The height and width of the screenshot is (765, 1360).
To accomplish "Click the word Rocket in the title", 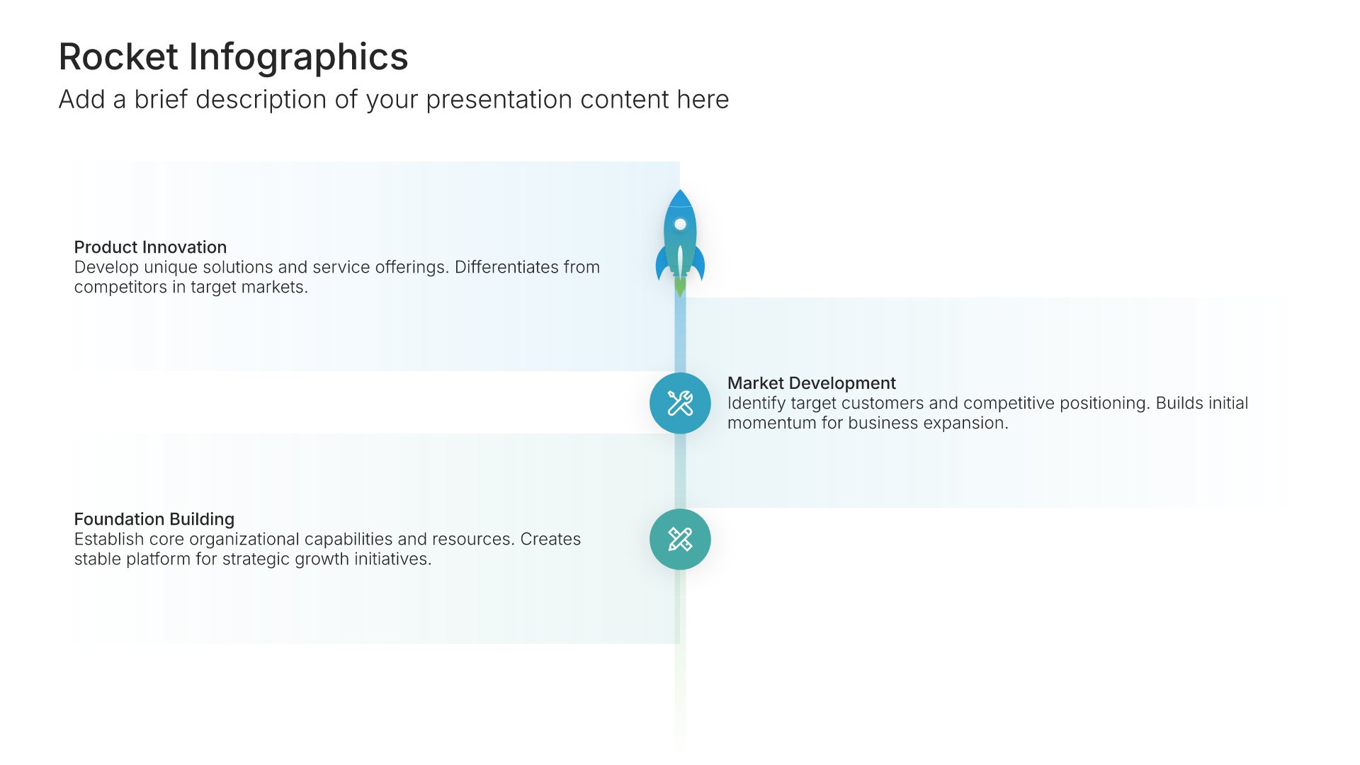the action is [x=118, y=57].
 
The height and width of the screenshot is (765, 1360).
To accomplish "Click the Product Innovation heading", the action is [x=150, y=247].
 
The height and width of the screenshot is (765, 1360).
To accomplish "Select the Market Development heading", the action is [x=812, y=383].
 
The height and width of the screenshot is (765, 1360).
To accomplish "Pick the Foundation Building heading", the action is [x=154, y=519].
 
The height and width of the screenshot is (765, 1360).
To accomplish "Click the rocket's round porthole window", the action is [x=680, y=225].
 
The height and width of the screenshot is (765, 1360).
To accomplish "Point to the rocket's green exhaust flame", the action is [x=680, y=286].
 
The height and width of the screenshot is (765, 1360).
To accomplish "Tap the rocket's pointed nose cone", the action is [x=680, y=198].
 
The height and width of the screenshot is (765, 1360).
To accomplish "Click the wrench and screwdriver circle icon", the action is [x=680, y=403].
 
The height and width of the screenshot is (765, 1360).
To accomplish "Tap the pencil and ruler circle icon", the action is [x=680, y=539].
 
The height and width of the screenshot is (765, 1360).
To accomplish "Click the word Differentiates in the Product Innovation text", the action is [x=506, y=267].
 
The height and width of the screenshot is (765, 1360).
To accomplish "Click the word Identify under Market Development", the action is [x=756, y=404].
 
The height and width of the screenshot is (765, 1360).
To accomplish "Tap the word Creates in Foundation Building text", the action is [x=550, y=539].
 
